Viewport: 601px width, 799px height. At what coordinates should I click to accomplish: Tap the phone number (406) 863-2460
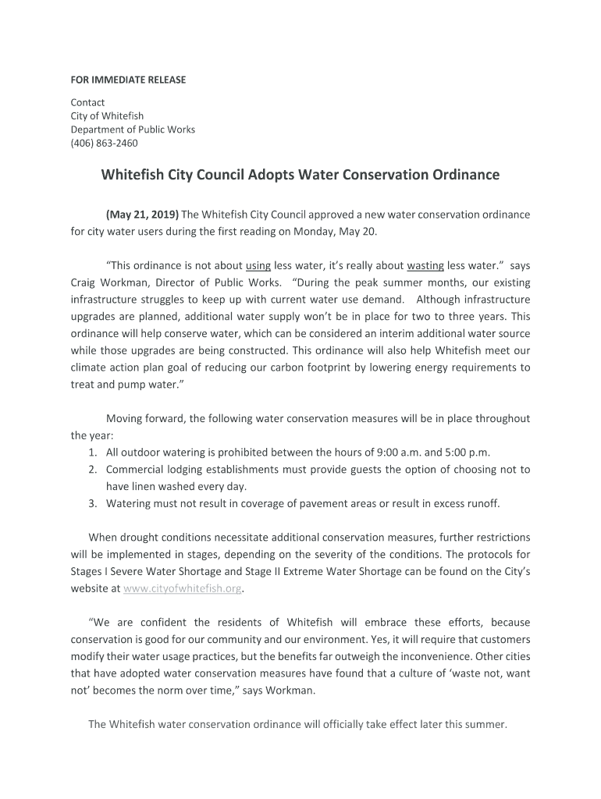click(x=104, y=143)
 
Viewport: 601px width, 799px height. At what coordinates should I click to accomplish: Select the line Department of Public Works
click(x=133, y=130)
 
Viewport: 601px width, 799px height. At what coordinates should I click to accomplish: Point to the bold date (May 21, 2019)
click(x=142, y=215)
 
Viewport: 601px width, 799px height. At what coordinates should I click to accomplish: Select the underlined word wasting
click(x=425, y=265)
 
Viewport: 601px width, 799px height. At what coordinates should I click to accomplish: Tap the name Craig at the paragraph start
click(x=84, y=282)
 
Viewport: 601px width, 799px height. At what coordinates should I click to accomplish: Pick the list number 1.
click(x=91, y=453)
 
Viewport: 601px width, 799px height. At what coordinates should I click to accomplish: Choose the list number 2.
click(x=91, y=470)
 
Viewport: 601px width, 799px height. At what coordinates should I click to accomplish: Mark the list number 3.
click(x=91, y=503)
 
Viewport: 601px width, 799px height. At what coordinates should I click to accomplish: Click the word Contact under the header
click(x=87, y=102)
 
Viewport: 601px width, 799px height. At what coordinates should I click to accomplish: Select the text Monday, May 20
click(x=341, y=232)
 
